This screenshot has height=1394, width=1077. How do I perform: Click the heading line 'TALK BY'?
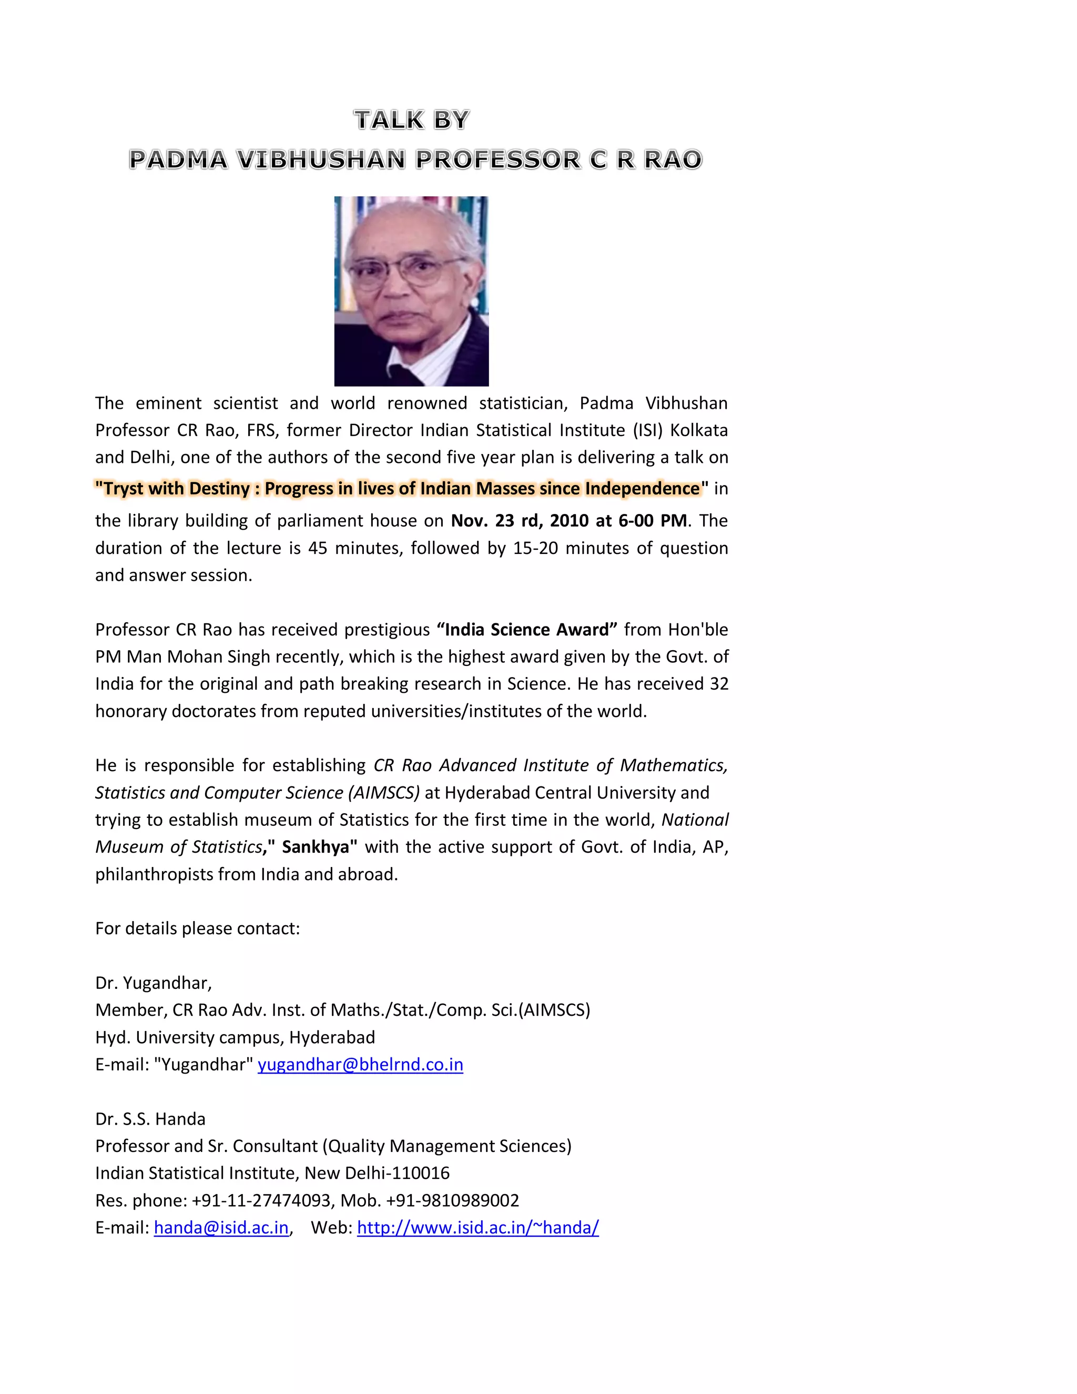tap(412, 120)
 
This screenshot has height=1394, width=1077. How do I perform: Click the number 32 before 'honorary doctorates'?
tap(719, 684)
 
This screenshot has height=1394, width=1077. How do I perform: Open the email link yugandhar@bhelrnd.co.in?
tap(360, 1065)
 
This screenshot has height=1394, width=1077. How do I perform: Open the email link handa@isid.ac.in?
tap(221, 1227)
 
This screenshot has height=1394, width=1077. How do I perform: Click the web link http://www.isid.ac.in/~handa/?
tap(477, 1227)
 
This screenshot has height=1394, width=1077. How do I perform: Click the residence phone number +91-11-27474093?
tap(260, 1200)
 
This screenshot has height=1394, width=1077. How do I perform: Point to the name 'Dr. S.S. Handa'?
tap(150, 1119)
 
